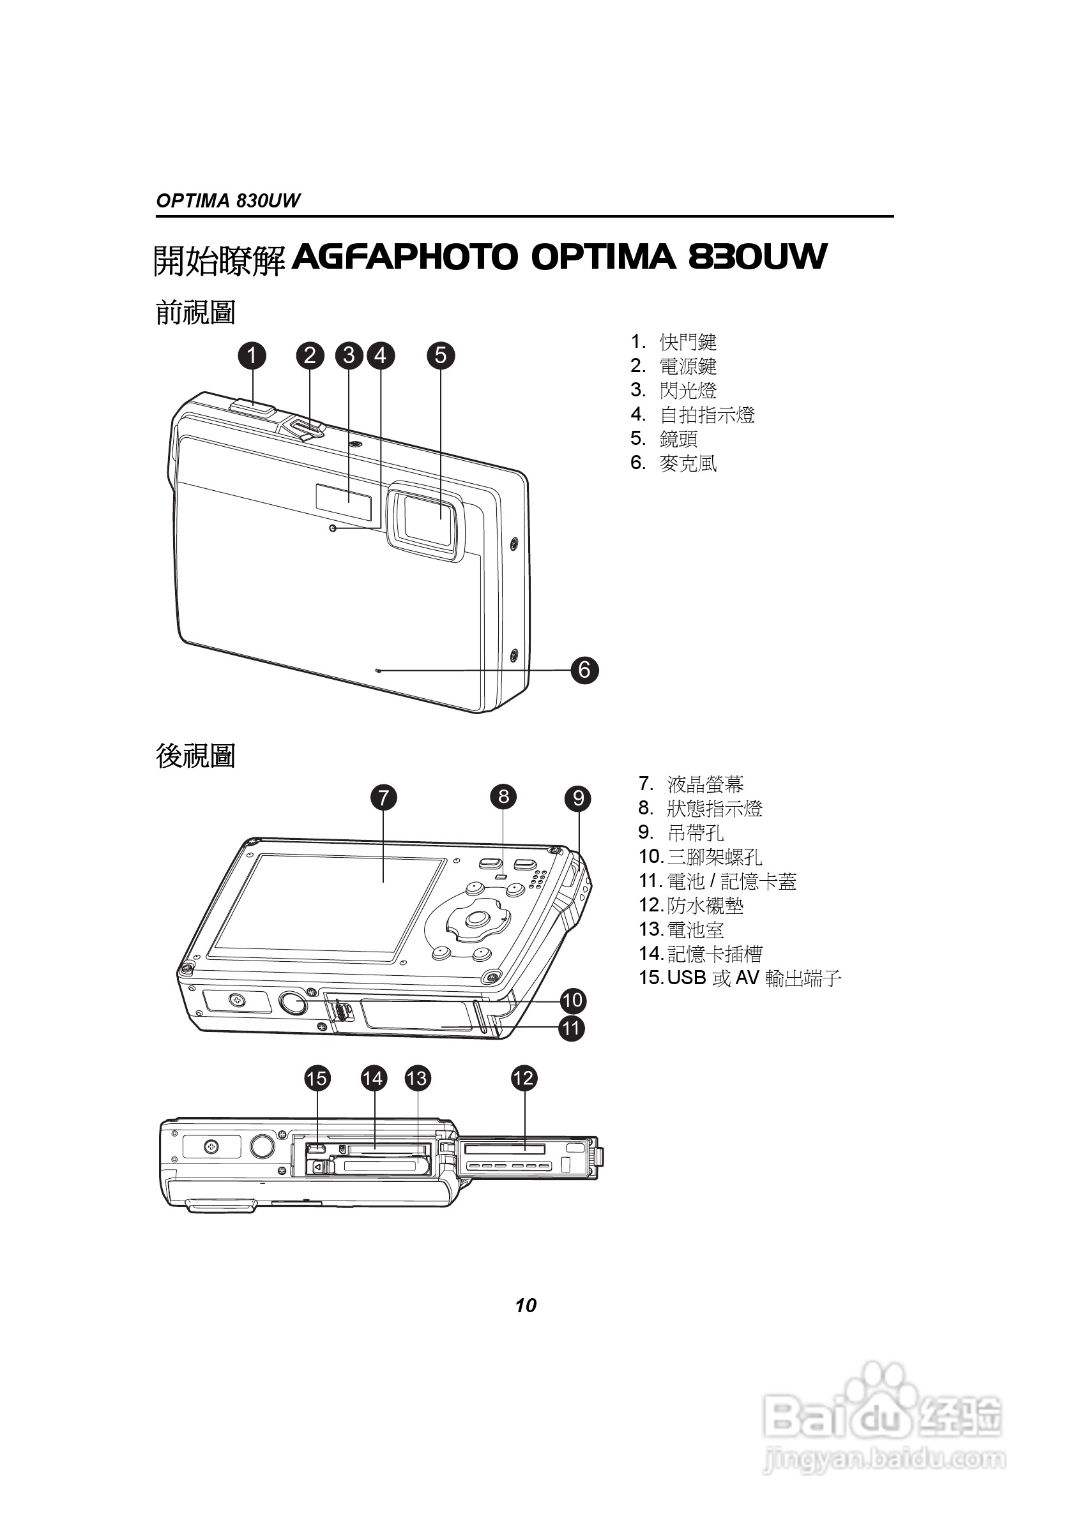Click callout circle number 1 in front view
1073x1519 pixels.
point(252,356)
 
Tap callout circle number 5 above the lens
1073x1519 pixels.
point(441,356)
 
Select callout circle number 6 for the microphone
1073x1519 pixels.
point(584,670)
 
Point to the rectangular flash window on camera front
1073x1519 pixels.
point(343,497)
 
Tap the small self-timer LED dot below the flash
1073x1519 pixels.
point(333,528)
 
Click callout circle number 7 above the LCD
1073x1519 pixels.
point(384,797)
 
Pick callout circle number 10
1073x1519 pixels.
point(572,999)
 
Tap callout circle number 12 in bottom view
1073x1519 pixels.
point(524,1079)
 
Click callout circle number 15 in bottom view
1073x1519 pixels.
point(317,1079)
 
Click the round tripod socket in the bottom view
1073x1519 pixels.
point(263,1146)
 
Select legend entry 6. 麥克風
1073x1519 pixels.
point(674,463)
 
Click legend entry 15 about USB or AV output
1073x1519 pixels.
point(740,977)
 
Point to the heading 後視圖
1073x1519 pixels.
point(195,756)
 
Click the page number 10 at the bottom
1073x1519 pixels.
point(526,1305)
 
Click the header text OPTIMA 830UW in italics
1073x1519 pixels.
point(228,200)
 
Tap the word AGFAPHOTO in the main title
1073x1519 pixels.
point(404,257)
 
